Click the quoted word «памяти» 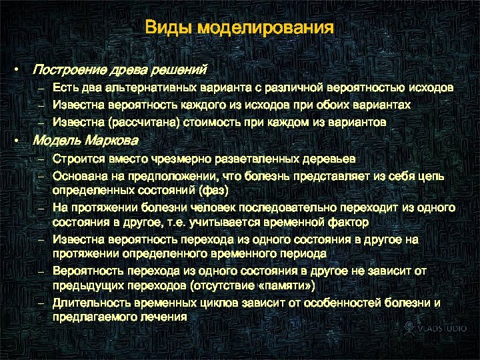(283, 285)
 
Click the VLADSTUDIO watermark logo (432, 329)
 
